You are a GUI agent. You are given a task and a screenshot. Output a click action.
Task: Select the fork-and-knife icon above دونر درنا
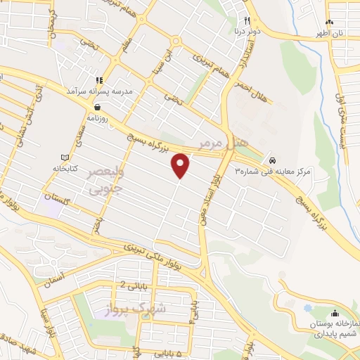(247, 20)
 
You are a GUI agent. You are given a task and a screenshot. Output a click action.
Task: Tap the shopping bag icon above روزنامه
(97, 107)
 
